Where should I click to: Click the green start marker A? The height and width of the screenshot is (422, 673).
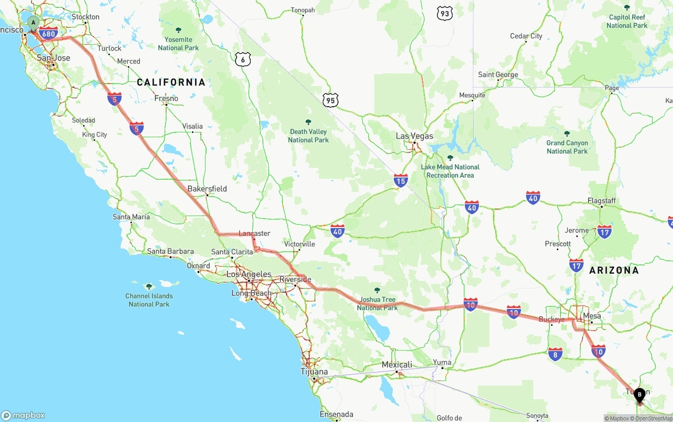[x=33, y=23]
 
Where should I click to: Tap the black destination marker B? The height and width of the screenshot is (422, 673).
[x=639, y=395]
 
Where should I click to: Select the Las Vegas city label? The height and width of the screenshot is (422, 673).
[x=414, y=136]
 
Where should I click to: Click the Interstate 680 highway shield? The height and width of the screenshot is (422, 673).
[x=48, y=34]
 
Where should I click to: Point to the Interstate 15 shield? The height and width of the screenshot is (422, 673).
[x=401, y=181]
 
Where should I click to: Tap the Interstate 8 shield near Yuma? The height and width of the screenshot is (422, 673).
[x=555, y=354]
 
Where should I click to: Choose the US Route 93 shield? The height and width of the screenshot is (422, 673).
[x=445, y=14]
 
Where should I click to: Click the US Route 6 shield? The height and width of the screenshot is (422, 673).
[x=243, y=59]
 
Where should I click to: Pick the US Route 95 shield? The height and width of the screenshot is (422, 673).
[x=331, y=99]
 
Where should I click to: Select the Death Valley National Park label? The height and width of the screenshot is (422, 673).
[x=308, y=136]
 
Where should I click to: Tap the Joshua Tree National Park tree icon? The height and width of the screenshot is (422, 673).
[x=377, y=290]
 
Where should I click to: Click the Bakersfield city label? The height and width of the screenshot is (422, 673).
[x=207, y=189]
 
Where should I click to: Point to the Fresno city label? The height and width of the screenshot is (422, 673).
[x=166, y=98]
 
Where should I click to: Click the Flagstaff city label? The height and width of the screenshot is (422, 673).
[x=601, y=201]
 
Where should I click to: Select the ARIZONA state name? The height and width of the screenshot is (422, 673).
[x=614, y=270]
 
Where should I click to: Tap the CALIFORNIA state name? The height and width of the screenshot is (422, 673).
[x=171, y=82]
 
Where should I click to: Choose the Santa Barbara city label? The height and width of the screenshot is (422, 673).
[x=170, y=251]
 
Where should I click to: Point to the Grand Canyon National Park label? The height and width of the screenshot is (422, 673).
[x=567, y=147]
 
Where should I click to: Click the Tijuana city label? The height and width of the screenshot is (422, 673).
[x=314, y=372]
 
